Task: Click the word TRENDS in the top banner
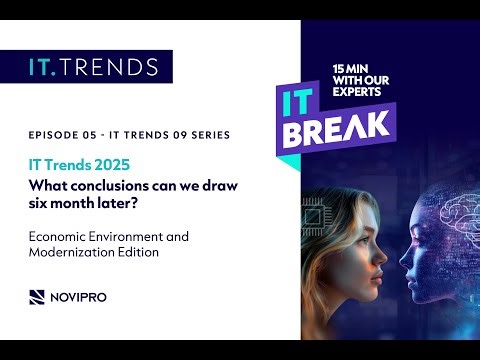(x=117, y=67)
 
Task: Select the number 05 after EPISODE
(x=88, y=132)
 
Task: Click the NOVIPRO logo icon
(x=37, y=296)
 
